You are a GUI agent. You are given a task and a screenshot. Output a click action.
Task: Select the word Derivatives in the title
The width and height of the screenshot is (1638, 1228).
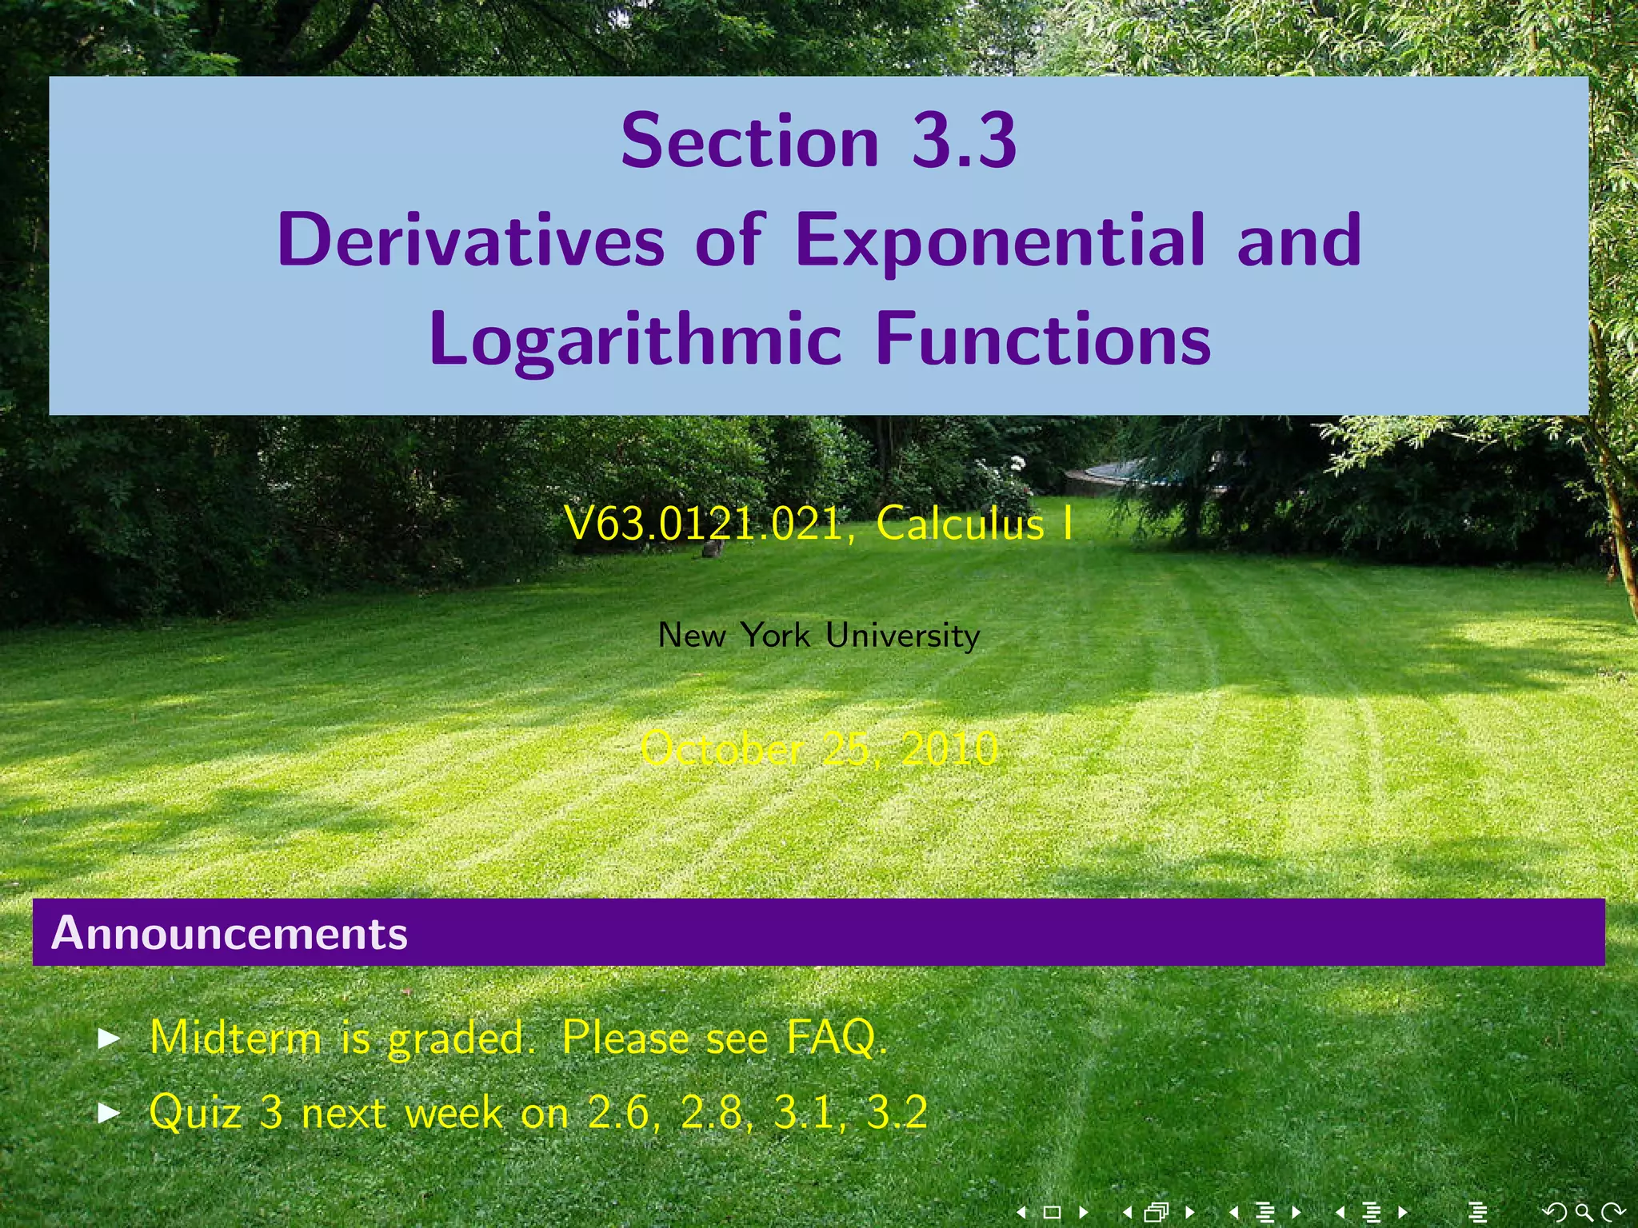coord(471,240)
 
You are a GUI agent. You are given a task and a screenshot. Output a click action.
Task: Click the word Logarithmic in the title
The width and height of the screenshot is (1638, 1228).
coord(636,340)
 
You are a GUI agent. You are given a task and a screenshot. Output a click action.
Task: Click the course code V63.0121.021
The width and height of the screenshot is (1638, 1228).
coord(704,524)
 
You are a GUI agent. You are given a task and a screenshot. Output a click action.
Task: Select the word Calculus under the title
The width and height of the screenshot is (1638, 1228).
coord(961,524)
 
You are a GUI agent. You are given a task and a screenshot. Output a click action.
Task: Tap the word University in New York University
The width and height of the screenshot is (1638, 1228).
coord(902,636)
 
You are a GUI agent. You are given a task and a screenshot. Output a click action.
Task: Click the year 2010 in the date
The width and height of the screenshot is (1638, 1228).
coord(949,749)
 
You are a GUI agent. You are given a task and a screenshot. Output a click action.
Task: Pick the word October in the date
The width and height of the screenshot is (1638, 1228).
coord(721,749)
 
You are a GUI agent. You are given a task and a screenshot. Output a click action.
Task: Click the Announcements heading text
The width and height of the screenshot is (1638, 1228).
coord(230,933)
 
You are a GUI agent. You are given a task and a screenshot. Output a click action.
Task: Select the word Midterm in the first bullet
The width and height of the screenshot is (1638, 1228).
coord(235,1038)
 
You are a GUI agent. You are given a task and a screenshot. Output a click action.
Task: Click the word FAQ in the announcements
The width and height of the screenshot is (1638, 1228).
coord(836,1038)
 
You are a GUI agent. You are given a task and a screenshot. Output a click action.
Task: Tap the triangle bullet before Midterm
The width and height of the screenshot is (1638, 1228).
coord(109,1039)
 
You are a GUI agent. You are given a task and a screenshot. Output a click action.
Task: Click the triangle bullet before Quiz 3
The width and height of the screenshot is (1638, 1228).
coord(109,1112)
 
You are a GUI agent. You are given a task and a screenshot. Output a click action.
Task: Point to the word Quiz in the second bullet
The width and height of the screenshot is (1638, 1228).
coord(195,1112)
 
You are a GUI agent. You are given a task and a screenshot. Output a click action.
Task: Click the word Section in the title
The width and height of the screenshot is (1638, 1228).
coord(749,142)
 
